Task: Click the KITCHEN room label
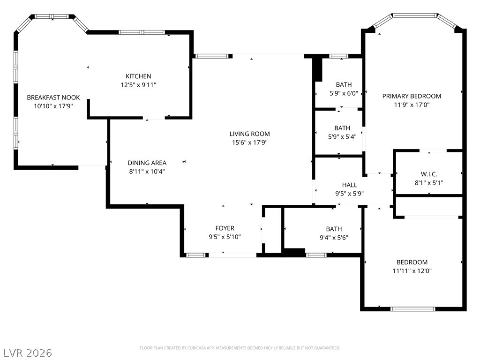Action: pyautogui.click(x=138, y=76)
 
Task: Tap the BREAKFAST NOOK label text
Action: pyautogui.click(x=53, y=97)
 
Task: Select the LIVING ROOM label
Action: pyautogui.click(x=249, y=134)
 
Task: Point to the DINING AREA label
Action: pyautogui.click(x=147, y=163)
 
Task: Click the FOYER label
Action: pyautogui.click(x=225, y=228)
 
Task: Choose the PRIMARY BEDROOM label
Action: pyautogui.click(x=412, y=96)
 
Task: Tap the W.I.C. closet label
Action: pyautogui.click(x=429, y=174)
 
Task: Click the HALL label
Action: pyautogui.click(x=349, y=185)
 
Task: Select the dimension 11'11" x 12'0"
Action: pyautogui.click(x=412, y=271)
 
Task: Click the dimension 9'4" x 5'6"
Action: pyautogui.click(x=334, y=237)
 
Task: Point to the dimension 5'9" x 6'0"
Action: pyautogui.click(x=344, y=93)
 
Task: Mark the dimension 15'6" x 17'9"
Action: pyautogui.click(x=249, y=142)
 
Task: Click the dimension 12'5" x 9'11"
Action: pyautogui.click(x=138, y=85)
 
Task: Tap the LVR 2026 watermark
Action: pyautogui.click(x=28, y=352)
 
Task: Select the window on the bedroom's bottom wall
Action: pyautogui.click(x=413, y=309)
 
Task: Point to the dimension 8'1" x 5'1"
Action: pyautogui.click(x=429, y=183)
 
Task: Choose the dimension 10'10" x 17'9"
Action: pyautogui.click(x=53, y=106)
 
